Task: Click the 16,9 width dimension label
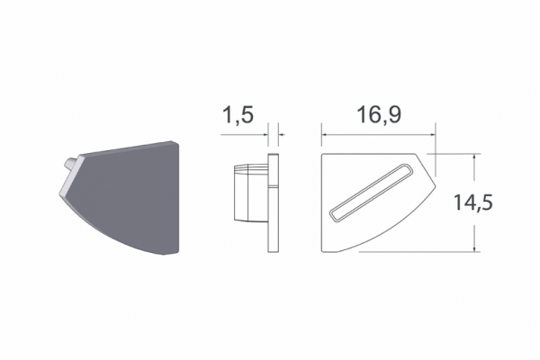coord(379,114)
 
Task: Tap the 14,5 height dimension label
coord(473,202)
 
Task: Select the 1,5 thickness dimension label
coord(238,114)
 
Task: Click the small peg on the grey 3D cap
coord(70,163)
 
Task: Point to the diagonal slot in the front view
coord(371,192)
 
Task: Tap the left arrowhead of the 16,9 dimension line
coord(324,135)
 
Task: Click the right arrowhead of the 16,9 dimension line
coord(433,135)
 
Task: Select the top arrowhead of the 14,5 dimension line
coord(474,157)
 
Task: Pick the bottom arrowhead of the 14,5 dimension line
coord(474,248)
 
